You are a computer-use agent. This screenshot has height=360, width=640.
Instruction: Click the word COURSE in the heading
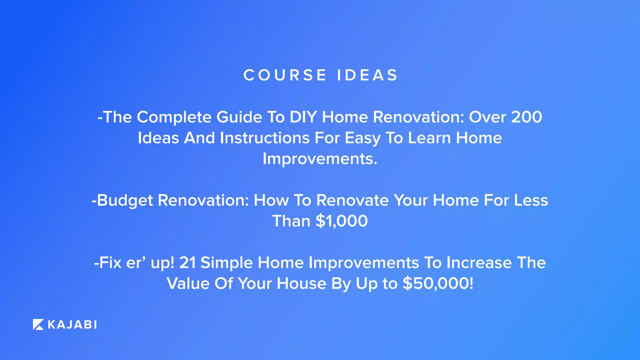[x=285, y=75]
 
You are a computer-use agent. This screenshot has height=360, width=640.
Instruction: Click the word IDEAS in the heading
[x=367, y=75]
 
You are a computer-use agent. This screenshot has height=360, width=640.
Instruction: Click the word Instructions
[x=265, y=138]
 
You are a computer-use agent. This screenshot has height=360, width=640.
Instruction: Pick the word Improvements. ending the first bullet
[x=320, y=159]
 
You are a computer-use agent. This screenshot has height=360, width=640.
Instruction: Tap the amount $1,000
[x=342, y=221]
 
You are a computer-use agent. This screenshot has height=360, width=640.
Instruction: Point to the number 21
[x=187, y=263]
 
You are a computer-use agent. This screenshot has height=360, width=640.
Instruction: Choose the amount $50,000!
[x=438, y=284]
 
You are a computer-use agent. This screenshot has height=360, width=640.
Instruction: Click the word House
[x=301, y=284]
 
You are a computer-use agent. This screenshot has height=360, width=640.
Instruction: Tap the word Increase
[x=479, y=263]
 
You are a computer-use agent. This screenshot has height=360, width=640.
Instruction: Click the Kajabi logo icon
[x=38, y=325]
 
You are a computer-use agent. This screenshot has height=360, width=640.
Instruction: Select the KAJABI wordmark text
[x=72, y=325]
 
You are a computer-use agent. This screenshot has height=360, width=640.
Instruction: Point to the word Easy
[x=362, y=138]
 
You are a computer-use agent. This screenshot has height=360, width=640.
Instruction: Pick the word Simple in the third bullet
[x=227, y=263]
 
